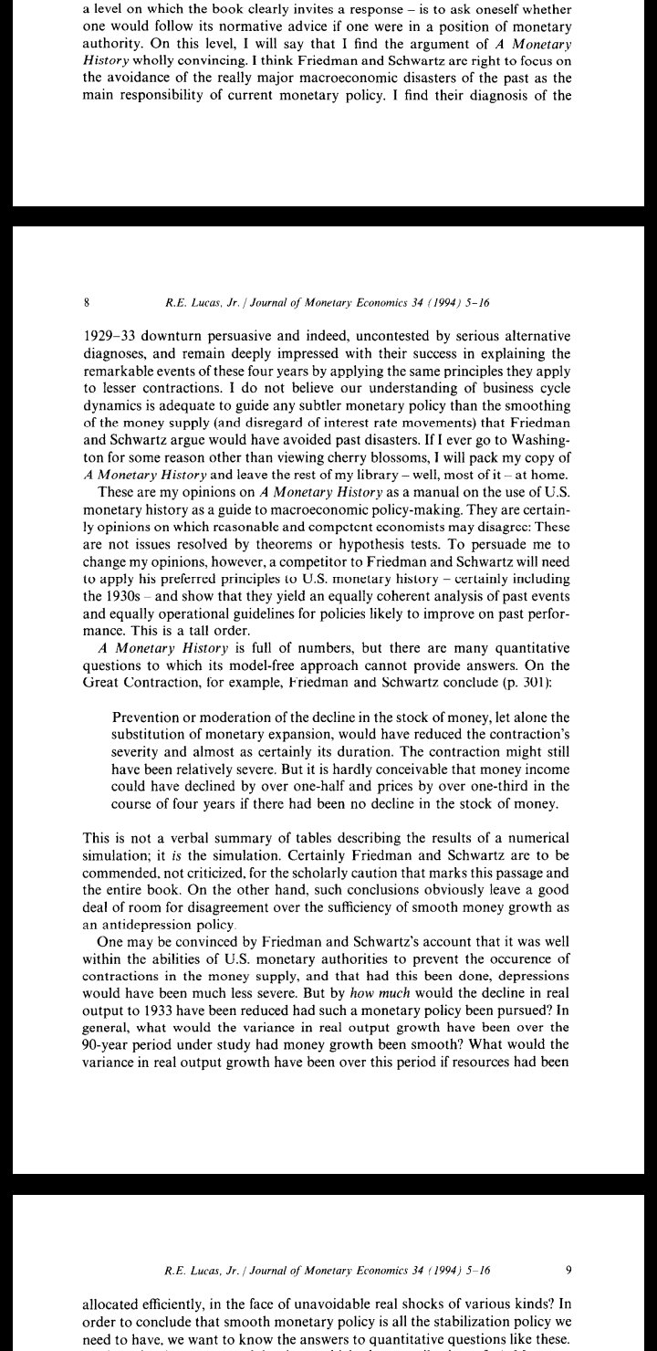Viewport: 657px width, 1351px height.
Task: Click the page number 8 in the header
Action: point(86,302)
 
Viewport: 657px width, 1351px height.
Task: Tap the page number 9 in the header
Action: point(568,1269)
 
